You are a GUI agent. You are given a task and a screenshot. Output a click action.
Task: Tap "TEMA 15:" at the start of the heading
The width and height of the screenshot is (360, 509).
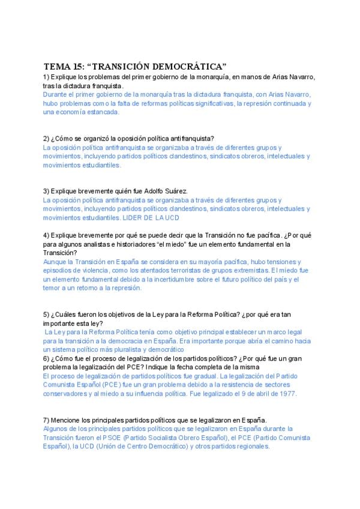pos(64,65)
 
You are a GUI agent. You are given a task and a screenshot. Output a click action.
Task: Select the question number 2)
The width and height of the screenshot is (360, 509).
pos(46,139)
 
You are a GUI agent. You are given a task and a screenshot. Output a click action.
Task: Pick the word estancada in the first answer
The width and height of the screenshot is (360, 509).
pos(103,112)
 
